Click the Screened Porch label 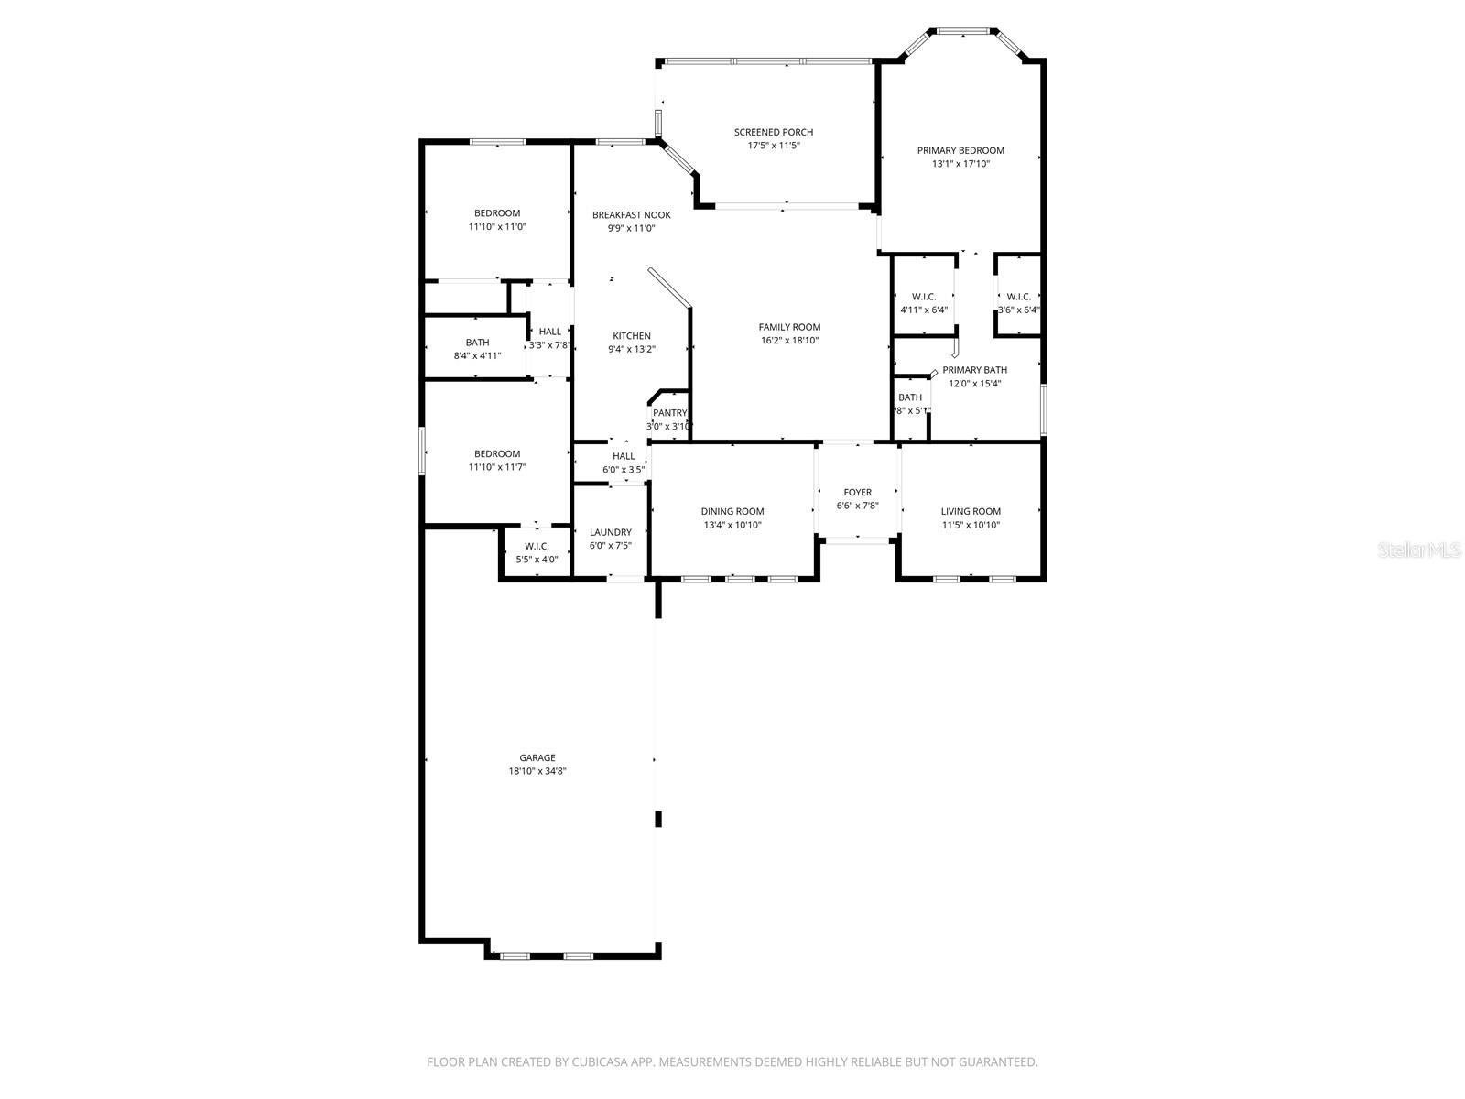(773, 132)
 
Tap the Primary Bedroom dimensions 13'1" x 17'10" (960, 164)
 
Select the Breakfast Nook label (631, 215)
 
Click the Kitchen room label (632, 336)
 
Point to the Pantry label (669, 413)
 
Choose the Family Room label (789, 327)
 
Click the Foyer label (857, 493)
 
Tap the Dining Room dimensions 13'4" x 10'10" (732, 526)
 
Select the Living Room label (971, 512)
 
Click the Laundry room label (610, 532)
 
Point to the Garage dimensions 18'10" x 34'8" (537, 771)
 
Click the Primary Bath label (974, 370)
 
